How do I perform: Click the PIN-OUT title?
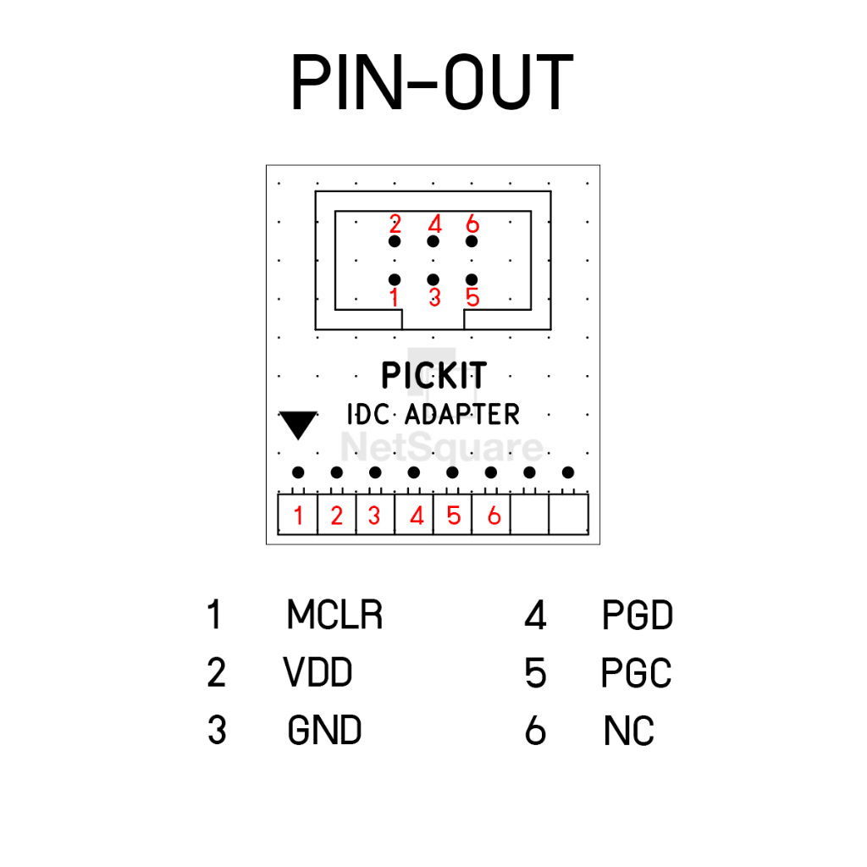tap(433, 82)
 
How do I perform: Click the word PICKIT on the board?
tap(434, 375)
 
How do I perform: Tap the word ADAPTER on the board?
tap(462, 414)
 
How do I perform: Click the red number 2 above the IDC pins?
tap(395, 224)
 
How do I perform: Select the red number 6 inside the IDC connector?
tap(472, 224)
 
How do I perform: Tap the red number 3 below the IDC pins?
tap(434, 297)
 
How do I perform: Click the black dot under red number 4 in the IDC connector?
tap(433, 241)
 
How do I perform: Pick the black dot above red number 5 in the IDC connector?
tap(472, 279)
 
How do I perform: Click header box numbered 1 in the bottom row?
tap(297, 514)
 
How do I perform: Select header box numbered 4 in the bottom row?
tap(414, 514)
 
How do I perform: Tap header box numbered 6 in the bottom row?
tap(491, 514)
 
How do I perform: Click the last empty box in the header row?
tap(568, 514)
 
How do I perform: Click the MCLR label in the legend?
tap(334, 615)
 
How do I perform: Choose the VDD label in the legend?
tap(318, 672)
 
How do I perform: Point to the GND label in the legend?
tap(324, 730)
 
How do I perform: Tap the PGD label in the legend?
tap(638, 615)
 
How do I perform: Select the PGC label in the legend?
tap(637, 672)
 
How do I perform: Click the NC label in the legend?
tap(629, 731)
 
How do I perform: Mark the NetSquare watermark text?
tap(442, 447)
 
